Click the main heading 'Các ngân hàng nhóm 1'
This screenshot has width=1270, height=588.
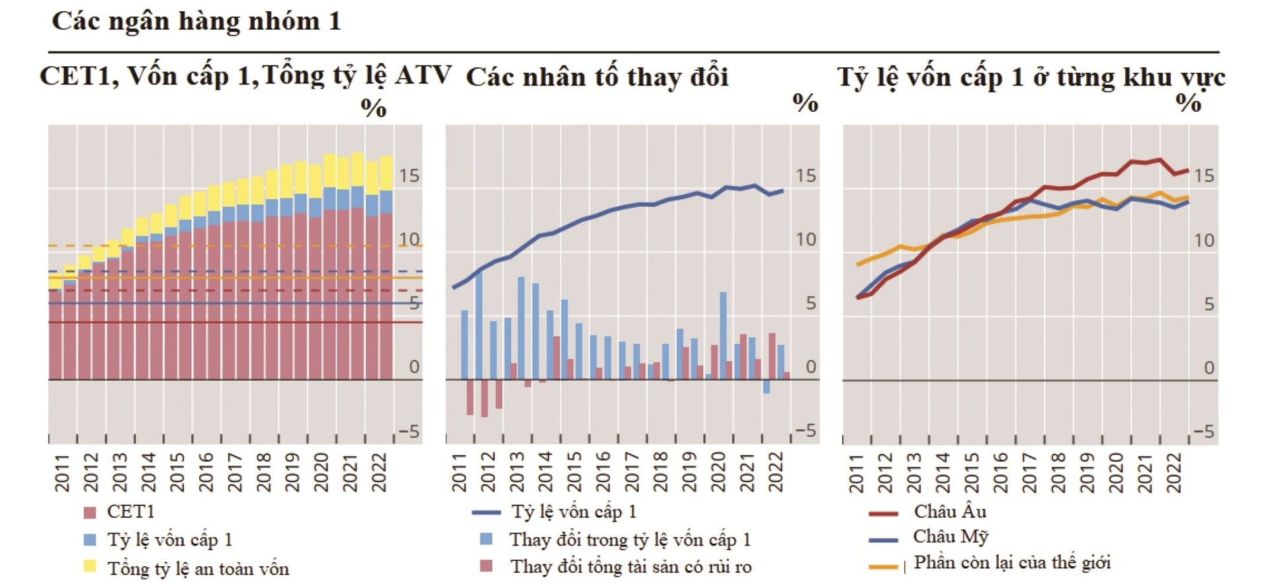click(196, 22)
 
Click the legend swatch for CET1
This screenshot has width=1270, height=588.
click(91, 512)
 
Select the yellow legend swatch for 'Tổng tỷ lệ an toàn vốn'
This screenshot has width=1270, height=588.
click(91, 566)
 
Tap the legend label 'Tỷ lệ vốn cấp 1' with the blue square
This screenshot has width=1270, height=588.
click(170, 540)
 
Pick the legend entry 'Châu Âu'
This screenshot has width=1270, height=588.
click(950, 512)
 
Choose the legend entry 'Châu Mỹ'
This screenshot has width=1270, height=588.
click(951, 536)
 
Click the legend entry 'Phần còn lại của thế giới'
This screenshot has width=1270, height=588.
click(1012, 563)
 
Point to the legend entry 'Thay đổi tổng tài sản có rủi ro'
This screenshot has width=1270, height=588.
click(630, 567)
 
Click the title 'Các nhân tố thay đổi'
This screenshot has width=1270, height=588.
click(597, 77)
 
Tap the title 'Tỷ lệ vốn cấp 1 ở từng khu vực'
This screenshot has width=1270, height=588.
click(1031, 77)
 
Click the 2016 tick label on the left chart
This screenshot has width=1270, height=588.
click(206, 472)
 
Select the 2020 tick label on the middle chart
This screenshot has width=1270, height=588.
click(718, 472)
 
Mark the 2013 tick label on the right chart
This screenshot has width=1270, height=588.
click(914, 472)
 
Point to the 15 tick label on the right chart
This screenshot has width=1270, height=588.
click(1204, 176)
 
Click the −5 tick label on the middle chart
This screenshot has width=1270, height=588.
click(805, 431)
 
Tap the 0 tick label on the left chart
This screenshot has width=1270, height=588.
click(414, 367)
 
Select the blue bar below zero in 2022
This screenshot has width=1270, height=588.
click(767, 387)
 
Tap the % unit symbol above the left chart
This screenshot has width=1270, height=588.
click(374, 108)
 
